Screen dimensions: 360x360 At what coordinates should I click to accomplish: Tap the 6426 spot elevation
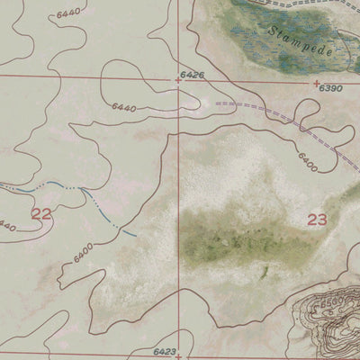[190, 74]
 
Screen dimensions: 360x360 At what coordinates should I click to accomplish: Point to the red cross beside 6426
[178, 80]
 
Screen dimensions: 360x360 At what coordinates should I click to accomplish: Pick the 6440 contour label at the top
[67, 13]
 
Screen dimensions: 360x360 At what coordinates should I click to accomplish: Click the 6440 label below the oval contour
[123, 107]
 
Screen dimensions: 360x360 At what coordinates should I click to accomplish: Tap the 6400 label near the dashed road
[305, 163]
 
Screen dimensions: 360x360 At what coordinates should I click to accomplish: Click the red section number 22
[41, 213]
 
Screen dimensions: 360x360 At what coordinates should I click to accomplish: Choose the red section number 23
[317, 219]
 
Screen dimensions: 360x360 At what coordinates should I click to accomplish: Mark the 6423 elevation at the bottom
[165, 353]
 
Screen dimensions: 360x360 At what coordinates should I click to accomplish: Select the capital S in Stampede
[271, 30]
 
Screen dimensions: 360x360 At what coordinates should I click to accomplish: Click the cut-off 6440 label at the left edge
[7, 224]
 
